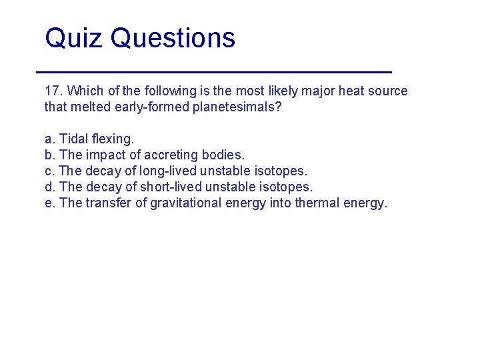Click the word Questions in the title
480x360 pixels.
tap(173, 39)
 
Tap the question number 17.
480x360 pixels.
tap(53, 91)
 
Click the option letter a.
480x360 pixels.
tap(49, 139)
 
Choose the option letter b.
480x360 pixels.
tap(49, 155)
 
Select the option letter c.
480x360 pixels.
tap(49, 171)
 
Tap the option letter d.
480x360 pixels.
tap(49, 187)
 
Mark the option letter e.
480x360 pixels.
tap(49, 203)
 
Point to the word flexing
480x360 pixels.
tap(114, 139)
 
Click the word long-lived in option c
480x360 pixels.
tap(170, 171)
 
